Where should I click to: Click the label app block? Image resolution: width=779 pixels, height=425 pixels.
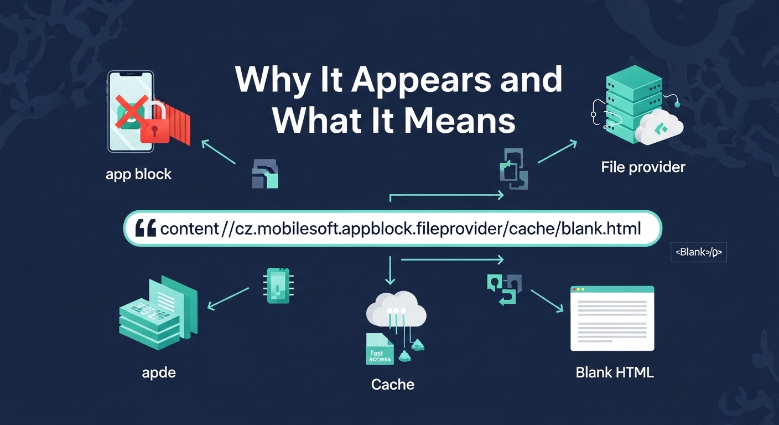[138, 174]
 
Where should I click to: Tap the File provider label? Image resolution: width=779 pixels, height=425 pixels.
[643, 167]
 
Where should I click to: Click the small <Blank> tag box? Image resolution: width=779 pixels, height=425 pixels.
[698, 252]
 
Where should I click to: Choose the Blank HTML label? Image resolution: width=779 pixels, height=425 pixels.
[615, 372]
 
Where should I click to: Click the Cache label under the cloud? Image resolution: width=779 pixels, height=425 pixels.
[393, 384]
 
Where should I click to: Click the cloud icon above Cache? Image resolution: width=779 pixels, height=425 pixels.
[396, 310]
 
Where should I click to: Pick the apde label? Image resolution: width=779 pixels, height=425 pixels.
[159, 372]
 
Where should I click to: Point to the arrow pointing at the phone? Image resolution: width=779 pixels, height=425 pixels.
[219, 151]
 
